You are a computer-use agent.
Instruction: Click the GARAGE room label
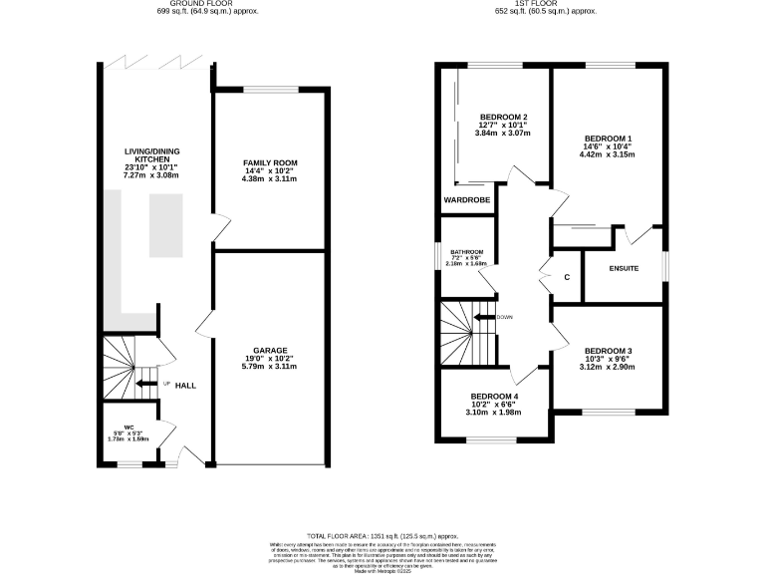coord(270,351)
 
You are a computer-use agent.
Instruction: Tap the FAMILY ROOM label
coord(270,162)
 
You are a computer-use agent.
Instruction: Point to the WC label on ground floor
coord(128,428)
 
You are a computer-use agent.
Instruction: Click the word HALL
coord(185,386)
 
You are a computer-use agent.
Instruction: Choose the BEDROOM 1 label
coord(608,138)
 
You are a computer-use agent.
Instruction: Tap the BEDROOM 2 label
coord(503,116)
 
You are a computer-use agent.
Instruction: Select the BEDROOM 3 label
coord(608,351)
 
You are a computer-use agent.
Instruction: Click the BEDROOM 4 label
coord(494,396)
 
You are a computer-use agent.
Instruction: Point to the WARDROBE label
coord(466,200)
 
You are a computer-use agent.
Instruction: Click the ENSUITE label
coord(624,269)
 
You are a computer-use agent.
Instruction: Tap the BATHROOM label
coord(466,252)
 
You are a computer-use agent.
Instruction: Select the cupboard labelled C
coord(566,278)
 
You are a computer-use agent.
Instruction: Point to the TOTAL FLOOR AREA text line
coord(382,535)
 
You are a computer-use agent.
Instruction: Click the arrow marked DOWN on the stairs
coord(485,318)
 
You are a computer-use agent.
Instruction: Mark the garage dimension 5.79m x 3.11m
coord(270,368)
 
